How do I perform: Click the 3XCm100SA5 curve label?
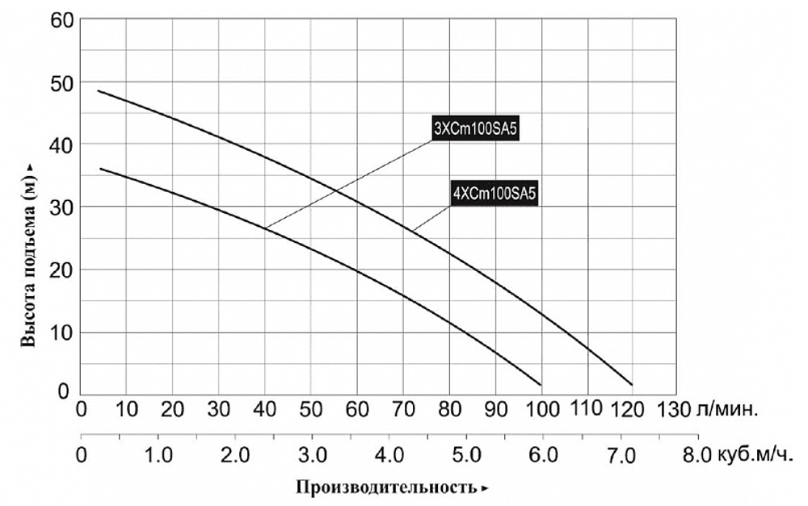click(475, 129)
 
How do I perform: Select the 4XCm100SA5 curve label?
click(494, 194)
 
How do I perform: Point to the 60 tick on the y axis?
click(62, 20)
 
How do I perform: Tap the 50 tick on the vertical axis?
click(62, 82)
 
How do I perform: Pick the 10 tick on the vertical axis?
click(62, 332)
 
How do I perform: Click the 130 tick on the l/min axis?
click(674, 410)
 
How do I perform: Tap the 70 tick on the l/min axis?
click(403, 410)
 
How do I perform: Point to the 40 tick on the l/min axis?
click(264, 410)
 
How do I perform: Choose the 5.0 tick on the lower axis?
click(467, 455)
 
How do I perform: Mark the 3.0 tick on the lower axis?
click(313, 455)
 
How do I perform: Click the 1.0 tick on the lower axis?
click(158, 455)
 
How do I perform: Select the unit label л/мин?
click(727, 410)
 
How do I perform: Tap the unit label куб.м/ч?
click(754, 456)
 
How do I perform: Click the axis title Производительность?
click(386, 487)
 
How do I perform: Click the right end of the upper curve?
click(632, 384)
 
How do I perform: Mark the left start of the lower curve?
click(100, 169)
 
